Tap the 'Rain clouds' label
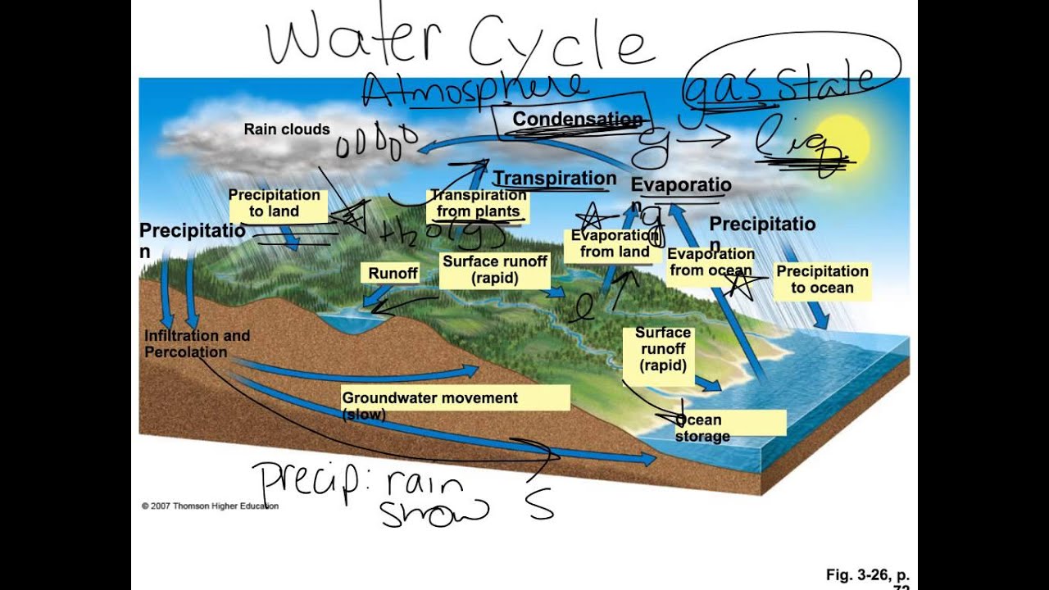tap(287, 129)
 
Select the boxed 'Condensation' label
tap(577, 120)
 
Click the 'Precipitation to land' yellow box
tap(275, 203)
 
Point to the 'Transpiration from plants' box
tap(478, 204)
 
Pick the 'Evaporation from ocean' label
tap(710, 263)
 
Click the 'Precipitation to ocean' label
tap(822, 279)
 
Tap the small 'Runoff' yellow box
tap(393, 274)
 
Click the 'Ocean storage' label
tap(703, 429)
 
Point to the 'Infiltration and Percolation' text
tap(197, 344)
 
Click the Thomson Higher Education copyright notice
tap(210, 506)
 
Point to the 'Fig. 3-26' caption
tap(867, 575)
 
